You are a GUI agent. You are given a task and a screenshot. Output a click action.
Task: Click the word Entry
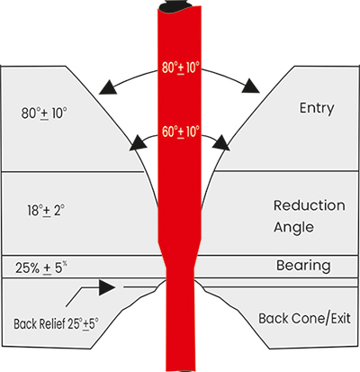click(317, 108)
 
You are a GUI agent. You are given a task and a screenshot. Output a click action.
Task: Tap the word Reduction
click(310, 205)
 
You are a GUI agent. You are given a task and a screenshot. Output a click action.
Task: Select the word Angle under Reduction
click(293, 228)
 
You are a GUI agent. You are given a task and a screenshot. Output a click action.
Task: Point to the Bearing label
click(303, 266)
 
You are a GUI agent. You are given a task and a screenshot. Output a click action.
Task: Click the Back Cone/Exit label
click(304, 318)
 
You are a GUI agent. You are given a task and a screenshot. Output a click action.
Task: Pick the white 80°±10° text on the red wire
click(181, 68)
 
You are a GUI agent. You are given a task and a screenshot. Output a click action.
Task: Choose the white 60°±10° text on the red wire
click(181, 132)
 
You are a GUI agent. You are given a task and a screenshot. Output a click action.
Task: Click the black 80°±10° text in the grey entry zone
click(44, 113)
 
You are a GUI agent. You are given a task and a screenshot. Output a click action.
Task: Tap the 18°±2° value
click(46, 211)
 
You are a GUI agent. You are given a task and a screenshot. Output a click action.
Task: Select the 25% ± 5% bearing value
click(41, 268)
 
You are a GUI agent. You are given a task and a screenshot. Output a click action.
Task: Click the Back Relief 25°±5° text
click(56, 323)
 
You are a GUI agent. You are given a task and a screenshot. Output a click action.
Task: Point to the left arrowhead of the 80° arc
click(107, 87)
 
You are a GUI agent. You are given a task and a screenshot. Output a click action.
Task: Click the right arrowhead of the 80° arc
click(251, 86)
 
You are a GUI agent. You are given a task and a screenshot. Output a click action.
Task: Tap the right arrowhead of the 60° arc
click(220, 142)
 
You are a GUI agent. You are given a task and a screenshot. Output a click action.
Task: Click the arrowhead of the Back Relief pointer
click(107, 287)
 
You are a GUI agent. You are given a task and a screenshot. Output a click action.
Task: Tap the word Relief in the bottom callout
click(53, 323)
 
